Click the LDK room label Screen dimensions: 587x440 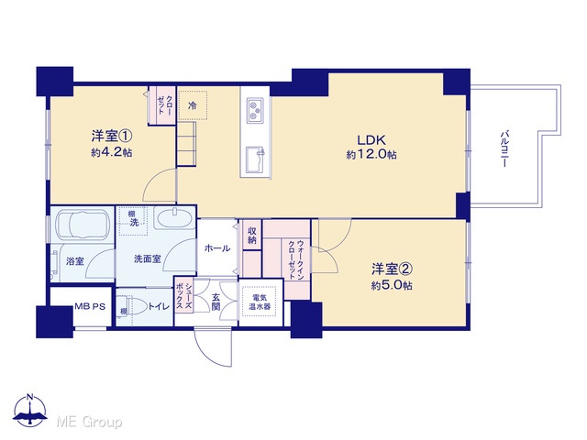(x=371, y=140)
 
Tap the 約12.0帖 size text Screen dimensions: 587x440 (x=371, y=155)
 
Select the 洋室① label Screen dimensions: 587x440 (x=112, y=136)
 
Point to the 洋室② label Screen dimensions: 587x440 (x=392, y=269)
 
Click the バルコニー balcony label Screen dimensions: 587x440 (x=504, y=148)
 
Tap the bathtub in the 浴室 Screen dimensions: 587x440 (x=82, y=225)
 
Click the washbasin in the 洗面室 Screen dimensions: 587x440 (x=174, y=218)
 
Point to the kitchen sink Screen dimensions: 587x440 (x=255, y=159)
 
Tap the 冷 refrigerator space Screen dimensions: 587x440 (x=193, y=105)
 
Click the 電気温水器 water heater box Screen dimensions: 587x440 (x=260, y=302)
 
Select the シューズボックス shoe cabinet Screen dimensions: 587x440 (x=183, y=296)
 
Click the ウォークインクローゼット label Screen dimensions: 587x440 (x=295, y=259)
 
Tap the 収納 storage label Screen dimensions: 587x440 (x=252, y=236)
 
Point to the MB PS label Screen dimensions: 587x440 (x=90, y=306)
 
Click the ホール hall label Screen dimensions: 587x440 (x=217, y=248)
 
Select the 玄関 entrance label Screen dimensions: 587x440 (x=216, y=302)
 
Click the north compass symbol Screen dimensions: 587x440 (x=30, y=411)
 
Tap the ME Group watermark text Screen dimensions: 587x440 (x=90, y=422)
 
